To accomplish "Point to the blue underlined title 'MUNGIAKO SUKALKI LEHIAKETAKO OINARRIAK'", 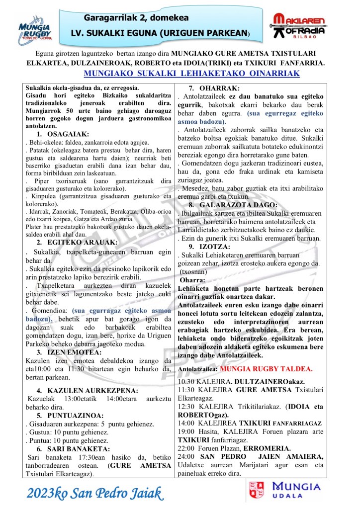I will click(192, 74).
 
